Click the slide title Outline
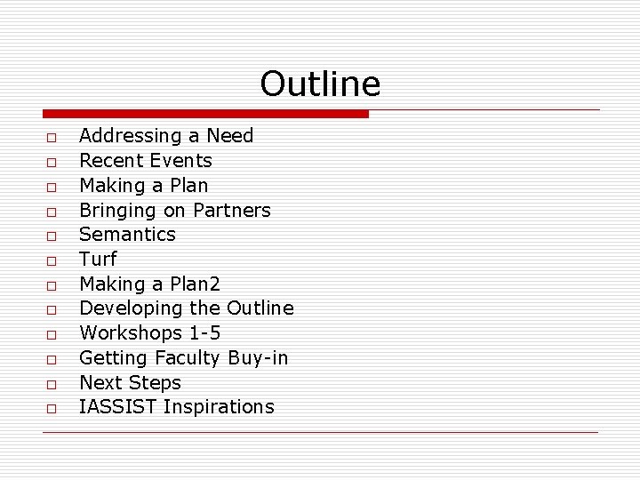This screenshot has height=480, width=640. [320, 84]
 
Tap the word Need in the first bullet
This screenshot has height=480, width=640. [230, 136]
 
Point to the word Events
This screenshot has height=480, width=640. [181, 161]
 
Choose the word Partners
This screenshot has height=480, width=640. [232, 211]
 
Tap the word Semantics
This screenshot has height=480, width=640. [127, 235]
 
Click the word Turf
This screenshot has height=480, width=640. [98, 260]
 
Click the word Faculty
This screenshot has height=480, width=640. [187, 358]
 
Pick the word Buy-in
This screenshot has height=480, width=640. [258, 358]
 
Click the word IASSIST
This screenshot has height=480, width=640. [116, 407]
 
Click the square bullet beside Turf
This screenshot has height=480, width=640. [52, 261]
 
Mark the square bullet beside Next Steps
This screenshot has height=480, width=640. [52, 385]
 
